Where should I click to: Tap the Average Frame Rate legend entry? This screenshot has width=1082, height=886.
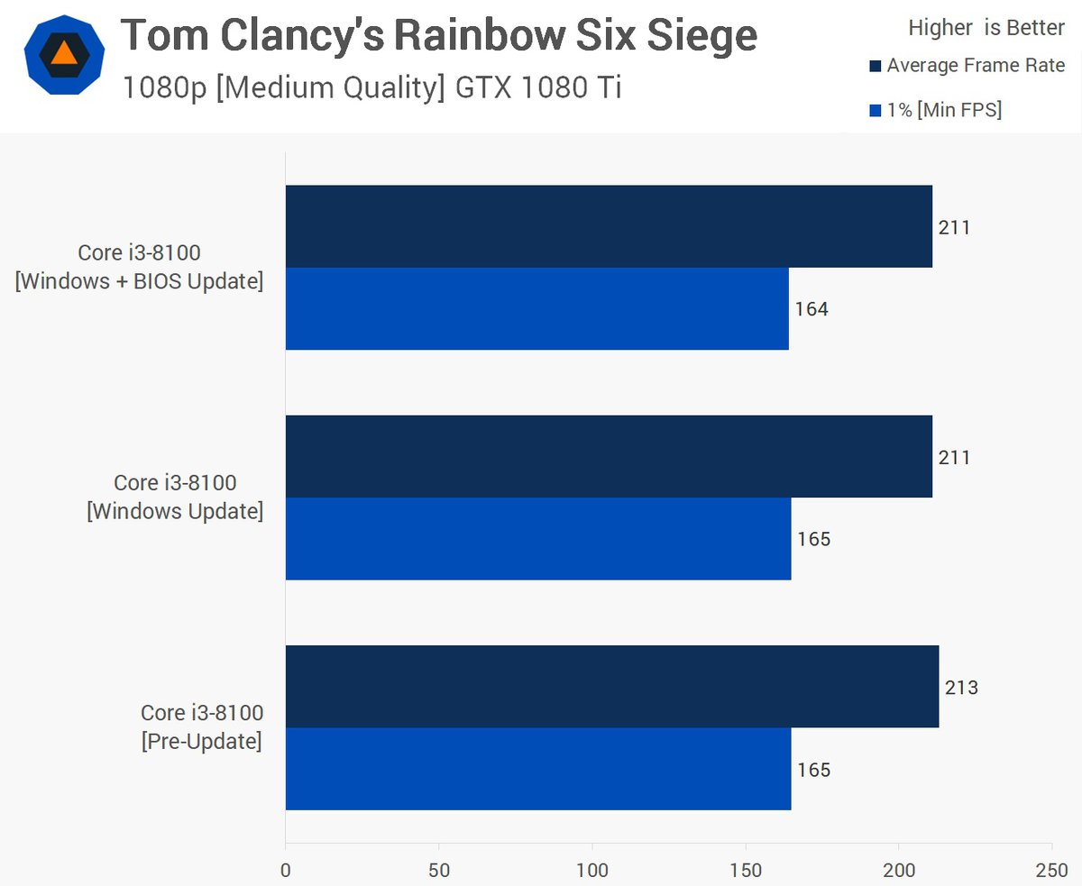tap(967, 66)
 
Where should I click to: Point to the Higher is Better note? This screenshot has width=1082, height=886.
tap(986, 28)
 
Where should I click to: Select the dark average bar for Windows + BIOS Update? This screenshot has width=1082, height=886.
tap(609, 226)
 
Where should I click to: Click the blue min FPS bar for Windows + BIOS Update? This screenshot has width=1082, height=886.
tap(536, 309)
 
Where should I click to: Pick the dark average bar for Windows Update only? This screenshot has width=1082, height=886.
tap(609, 457)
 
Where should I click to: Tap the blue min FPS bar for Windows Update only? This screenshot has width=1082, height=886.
tap(538, 539)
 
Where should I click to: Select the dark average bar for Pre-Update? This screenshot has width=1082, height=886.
tap(611, 687)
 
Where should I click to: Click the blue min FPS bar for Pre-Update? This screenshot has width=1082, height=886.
tap(538, 770)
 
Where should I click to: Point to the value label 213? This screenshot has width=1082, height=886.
tap(961, 689)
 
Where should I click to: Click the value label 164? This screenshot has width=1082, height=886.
tap(811, 310)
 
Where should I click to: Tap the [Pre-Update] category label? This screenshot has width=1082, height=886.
tap(202, 743)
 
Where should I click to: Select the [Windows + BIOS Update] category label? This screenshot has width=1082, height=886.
tap(139, 282)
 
